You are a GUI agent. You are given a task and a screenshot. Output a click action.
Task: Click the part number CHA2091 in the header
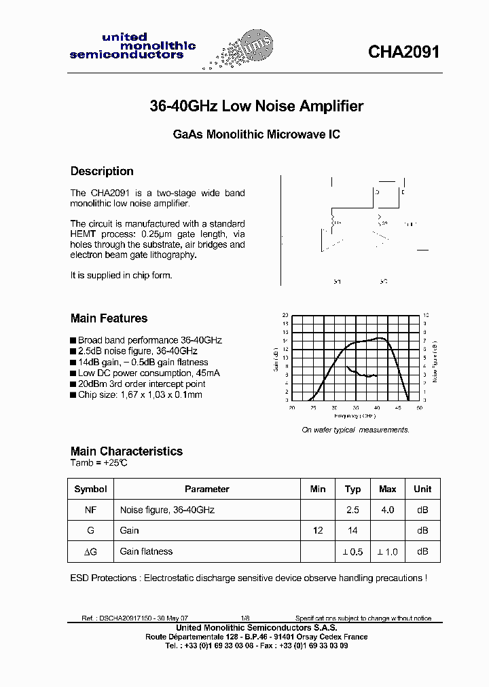403,52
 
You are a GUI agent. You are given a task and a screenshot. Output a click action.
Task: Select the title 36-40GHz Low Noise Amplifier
256,107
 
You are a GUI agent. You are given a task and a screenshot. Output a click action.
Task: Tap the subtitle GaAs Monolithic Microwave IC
256,134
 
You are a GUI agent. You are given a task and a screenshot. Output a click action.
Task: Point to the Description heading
102,171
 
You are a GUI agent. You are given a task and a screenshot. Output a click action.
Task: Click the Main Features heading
109,318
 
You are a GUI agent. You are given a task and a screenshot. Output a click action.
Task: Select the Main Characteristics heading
126,451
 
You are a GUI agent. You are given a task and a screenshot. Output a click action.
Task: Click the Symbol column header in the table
90,489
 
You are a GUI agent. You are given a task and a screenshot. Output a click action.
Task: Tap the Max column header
387,489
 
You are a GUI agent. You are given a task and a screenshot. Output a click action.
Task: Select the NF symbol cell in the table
90,509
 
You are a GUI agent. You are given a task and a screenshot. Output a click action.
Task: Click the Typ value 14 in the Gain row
352,530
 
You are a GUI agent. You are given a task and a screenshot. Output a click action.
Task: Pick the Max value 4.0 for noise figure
387,509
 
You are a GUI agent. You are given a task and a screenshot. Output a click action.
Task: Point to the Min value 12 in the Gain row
317,530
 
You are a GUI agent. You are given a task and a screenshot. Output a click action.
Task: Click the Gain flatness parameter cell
146,551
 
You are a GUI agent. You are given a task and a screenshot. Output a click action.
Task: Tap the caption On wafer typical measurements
355,430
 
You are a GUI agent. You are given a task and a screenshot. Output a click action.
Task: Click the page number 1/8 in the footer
245,618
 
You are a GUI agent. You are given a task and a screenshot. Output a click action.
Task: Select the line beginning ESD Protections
249,578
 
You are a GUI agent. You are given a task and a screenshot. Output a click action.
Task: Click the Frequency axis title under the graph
354,415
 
